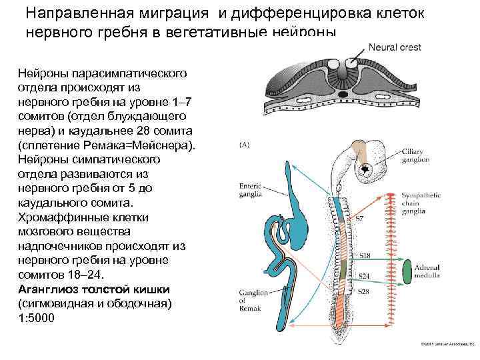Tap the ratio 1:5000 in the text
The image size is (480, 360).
click(37, 317)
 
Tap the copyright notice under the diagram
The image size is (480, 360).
click(446, 344)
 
